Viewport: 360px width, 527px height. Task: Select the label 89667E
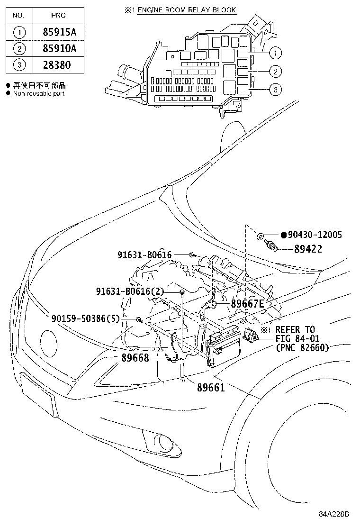pos(247,304)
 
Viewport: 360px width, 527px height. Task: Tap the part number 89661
pos(211,387)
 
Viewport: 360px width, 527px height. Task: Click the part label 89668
pos(135,358)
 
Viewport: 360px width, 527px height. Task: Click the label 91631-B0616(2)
pos(129,291)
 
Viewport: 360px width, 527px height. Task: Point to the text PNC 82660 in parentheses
pos(302,347)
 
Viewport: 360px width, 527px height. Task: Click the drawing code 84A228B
pos(333,514)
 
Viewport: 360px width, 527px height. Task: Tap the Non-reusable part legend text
pos(38,93)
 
